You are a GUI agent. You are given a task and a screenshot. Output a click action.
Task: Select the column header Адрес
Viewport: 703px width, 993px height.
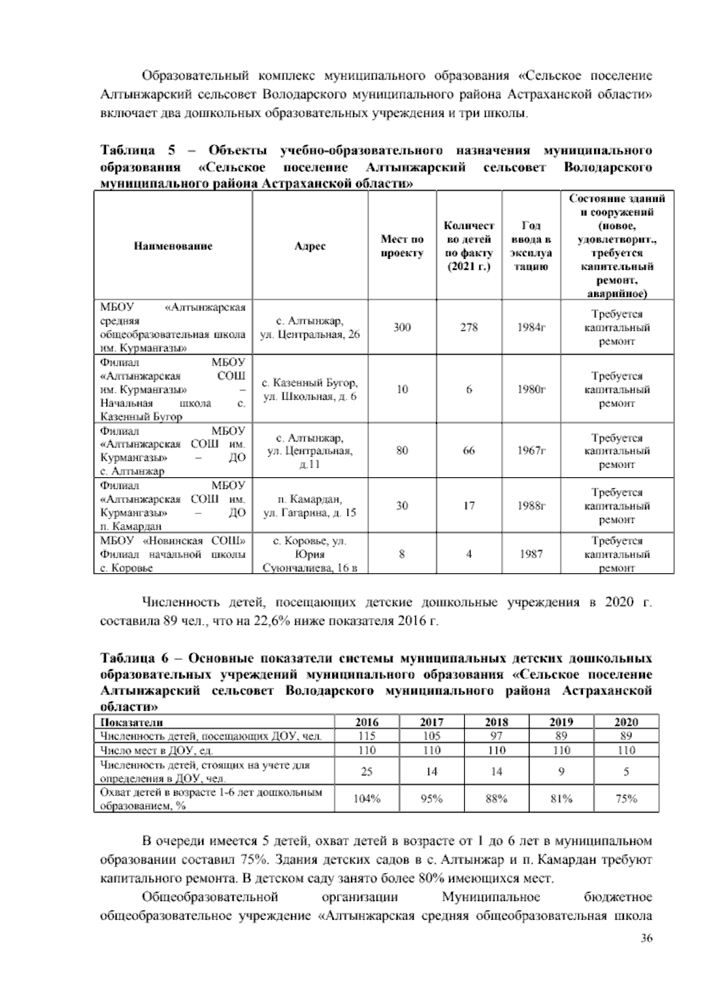tap(310, 246)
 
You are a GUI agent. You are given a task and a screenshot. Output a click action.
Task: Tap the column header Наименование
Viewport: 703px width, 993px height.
tap(173, 246)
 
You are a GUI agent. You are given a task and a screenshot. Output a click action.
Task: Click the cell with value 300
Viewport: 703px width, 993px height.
tap(402, 327)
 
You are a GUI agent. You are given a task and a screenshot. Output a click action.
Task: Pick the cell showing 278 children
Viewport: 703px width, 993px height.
tap(469, 327)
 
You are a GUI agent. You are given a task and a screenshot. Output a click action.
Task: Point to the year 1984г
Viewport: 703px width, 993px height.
tap(531, 327)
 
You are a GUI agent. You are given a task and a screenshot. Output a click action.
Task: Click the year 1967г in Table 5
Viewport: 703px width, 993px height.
tap(531, 451)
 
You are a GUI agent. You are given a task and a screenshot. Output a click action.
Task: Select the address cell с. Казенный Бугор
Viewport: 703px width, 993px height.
tap(310, 389)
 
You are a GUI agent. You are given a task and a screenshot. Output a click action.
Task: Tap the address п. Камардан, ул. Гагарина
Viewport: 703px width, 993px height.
tap(310, 506)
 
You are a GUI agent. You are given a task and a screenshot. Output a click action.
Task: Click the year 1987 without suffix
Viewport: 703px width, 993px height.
tap(531, 553)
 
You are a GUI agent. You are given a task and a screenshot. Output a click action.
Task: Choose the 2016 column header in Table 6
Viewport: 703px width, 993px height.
tap(367, 722)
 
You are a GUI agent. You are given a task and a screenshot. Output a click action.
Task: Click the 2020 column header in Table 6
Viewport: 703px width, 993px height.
tap(626, 722)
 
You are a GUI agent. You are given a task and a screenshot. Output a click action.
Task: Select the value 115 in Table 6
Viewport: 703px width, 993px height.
tap(367, 736)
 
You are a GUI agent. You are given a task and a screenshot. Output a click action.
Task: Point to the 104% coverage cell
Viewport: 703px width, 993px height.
tap(367, 799)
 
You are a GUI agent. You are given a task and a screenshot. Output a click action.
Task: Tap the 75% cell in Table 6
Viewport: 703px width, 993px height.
tap(626, 799)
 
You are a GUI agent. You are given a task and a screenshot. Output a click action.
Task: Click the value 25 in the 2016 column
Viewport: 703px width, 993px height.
tap(367, 772)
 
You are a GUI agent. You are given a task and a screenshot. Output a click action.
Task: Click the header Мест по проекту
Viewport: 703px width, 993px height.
tap(402, 246)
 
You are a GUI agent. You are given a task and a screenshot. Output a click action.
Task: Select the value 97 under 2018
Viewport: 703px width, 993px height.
tap(496, 736)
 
